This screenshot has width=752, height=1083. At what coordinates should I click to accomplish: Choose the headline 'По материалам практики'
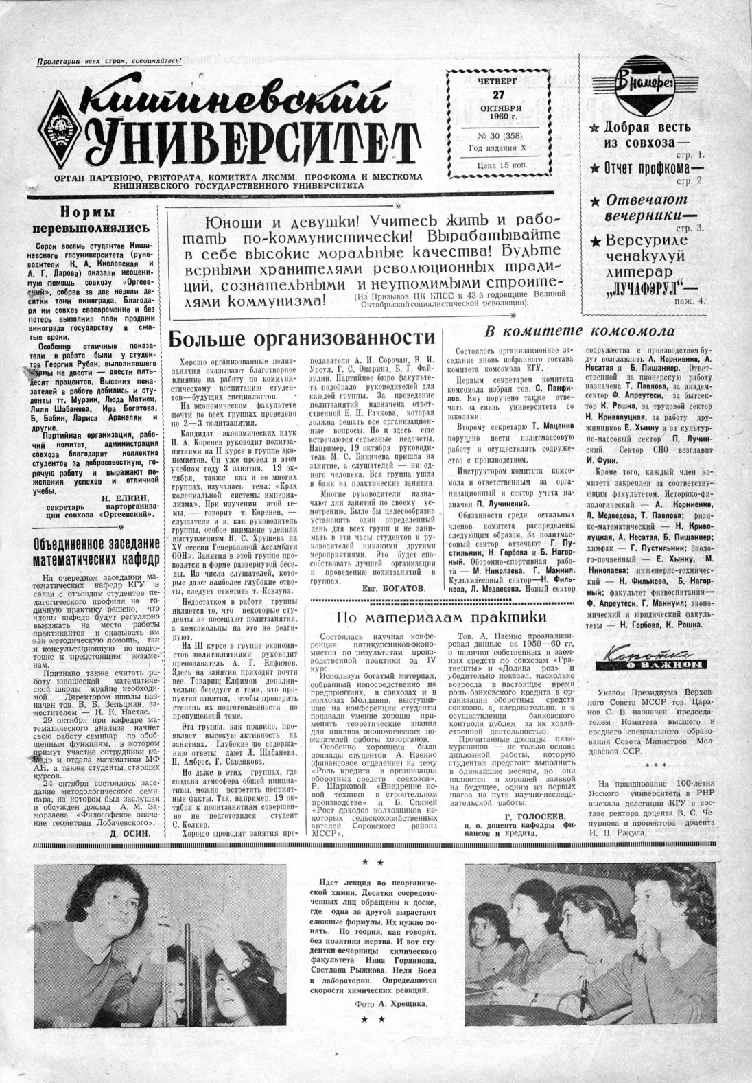(x=440, y=617)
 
